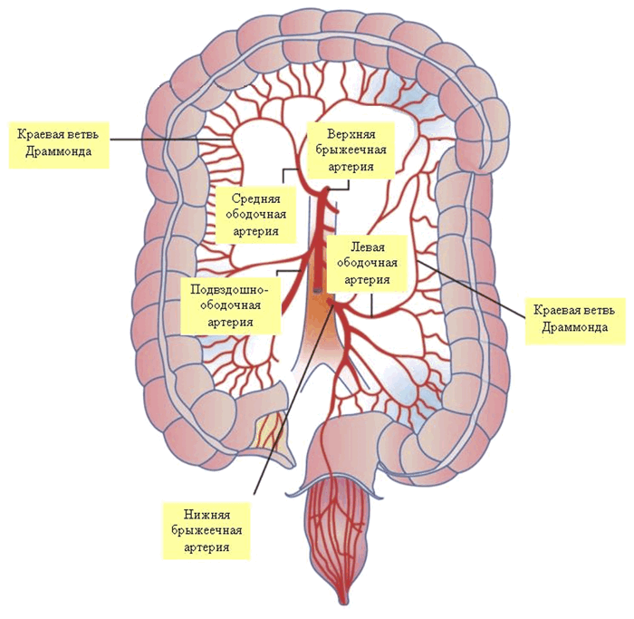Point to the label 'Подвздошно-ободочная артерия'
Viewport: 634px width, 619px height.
[227, 305]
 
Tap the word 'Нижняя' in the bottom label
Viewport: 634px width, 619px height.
[204, 513]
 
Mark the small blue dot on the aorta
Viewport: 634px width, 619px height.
[316, 290]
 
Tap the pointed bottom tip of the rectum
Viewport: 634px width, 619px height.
[345, 601]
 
